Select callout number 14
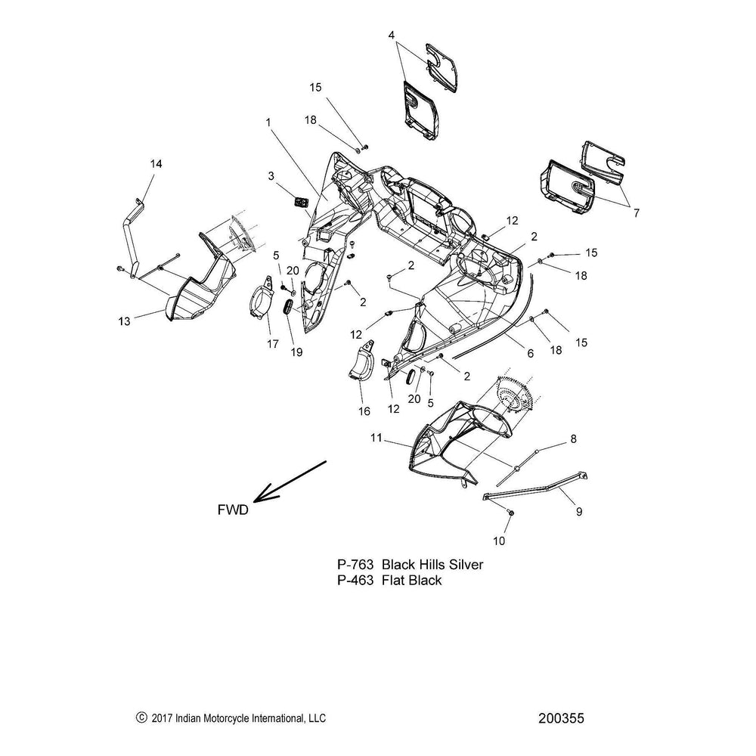coord(156,164)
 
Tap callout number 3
coord(270,175)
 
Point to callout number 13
coord(124,321)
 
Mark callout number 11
coord(376,437)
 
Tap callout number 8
coord(573,438)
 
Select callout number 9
coord(579,512)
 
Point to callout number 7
coord(637,214)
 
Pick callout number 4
coord(392,35)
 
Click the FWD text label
coord(232,510)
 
